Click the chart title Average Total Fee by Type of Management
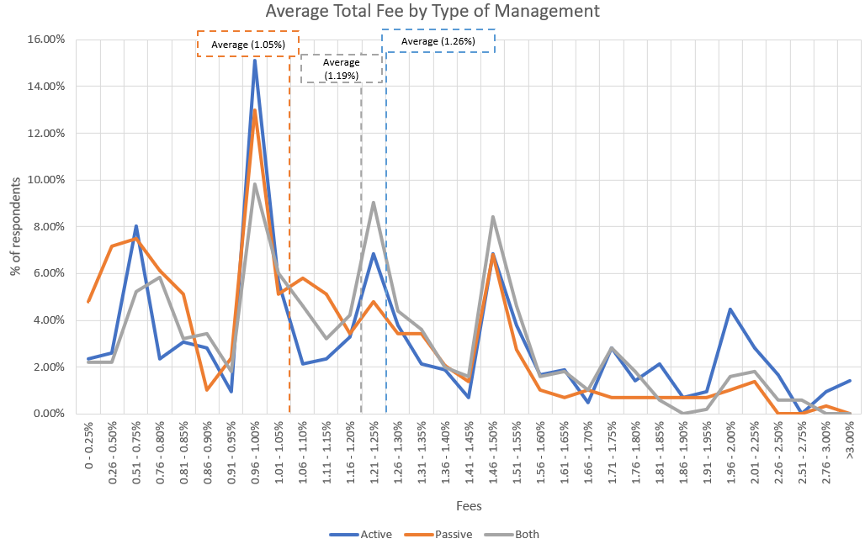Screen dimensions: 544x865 432,12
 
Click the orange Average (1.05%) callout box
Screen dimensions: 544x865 247,44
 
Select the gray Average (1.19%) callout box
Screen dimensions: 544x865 342,69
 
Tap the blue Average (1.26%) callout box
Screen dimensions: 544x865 438,41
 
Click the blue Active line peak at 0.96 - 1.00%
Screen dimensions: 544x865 255,60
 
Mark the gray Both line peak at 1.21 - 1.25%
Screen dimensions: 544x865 374,202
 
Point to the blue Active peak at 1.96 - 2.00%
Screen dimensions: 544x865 730,309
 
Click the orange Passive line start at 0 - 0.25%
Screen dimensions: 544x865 88,301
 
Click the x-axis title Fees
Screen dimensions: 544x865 469,506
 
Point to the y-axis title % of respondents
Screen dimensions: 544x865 14,227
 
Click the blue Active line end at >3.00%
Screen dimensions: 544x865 850,381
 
